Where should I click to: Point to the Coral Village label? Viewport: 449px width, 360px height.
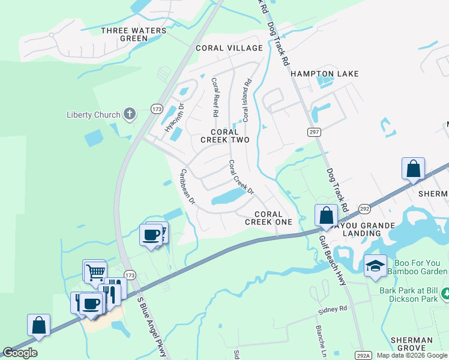click(x=229, y=48)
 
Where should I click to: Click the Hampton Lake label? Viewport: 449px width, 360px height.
click(x=324, y=74)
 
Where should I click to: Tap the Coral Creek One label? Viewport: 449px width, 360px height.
click(x=268, y=218)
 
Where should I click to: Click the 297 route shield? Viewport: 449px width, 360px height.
click(x=315, y=132)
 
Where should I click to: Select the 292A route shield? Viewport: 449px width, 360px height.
click(x=362, y=355)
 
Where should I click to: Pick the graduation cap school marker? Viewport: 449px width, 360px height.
click(x=375, y=265)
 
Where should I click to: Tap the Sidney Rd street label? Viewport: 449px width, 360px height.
click(x=333, y=309)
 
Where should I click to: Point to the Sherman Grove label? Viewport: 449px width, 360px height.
click(x=411, y=344)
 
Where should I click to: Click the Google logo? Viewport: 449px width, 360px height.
click(x=20, y=353)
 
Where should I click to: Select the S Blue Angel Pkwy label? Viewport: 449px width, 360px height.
click(x=151, y=327)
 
